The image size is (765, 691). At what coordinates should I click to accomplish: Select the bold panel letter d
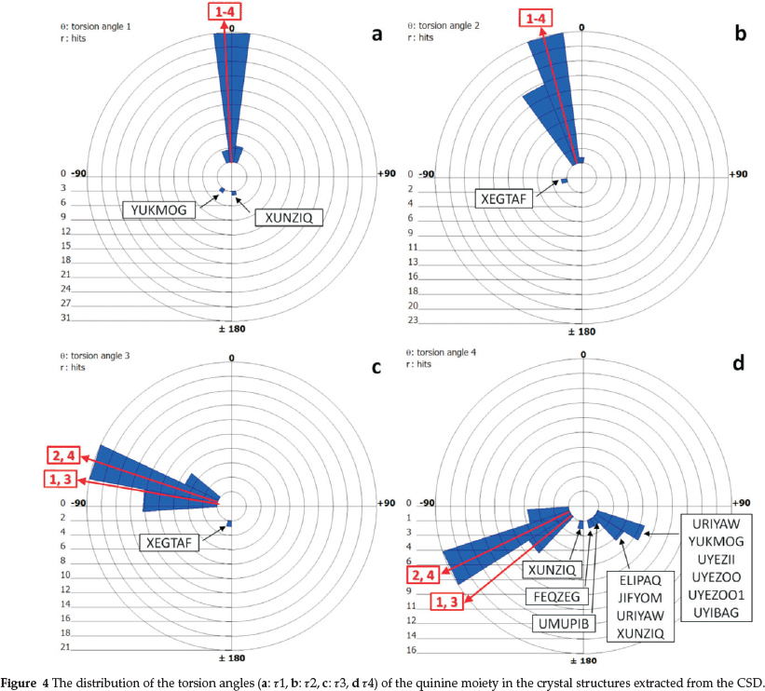(740, 364)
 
